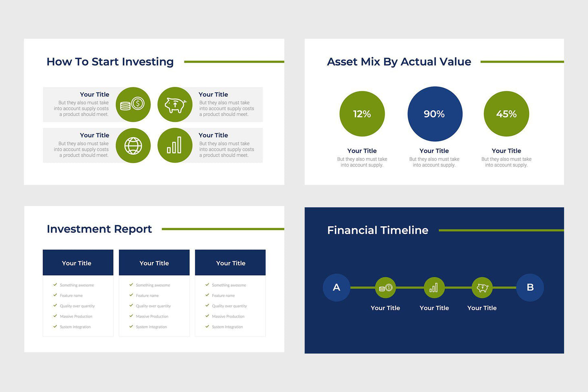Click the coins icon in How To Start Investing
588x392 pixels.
[x=133, y=105]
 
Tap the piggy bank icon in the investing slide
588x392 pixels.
[x=175, y=105]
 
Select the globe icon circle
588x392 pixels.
[x=133, y=146]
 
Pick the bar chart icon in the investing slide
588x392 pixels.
[x=175, y=146]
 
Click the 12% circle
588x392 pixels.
[x=362, y=114]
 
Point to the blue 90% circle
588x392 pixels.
[x=435, y=114]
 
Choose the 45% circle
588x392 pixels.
[x=506, y=114]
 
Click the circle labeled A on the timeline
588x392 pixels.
[x=337, y=287]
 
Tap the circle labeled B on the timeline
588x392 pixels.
[x=530, y=287]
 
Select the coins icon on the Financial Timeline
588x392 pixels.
[x=385, y=288]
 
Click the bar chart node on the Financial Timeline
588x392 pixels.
[x=434, y=288]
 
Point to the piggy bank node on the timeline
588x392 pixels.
[x=482, y=288]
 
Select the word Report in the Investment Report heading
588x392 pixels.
[x=133, y=229]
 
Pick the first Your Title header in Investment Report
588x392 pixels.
[x=77, y=263]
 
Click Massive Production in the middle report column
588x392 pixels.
[x=152, y=316]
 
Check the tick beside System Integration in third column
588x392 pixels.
[x=207, y=326]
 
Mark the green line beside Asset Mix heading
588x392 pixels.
[x=522, y=62]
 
